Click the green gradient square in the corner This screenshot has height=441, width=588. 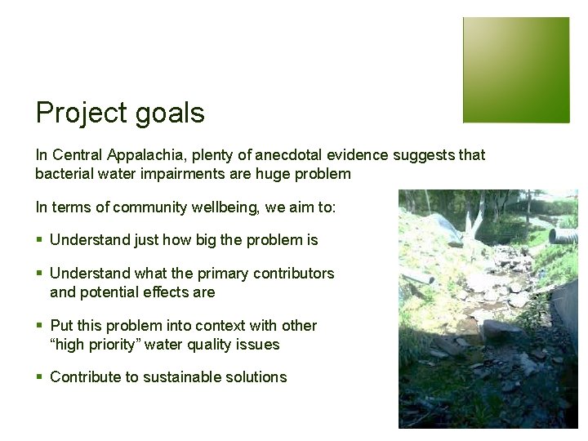tap(516, 70)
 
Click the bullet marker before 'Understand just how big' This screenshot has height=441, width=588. tap(39, 240)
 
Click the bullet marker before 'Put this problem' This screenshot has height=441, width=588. tap(39, 326)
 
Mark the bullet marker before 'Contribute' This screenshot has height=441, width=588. tap(39, 377)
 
